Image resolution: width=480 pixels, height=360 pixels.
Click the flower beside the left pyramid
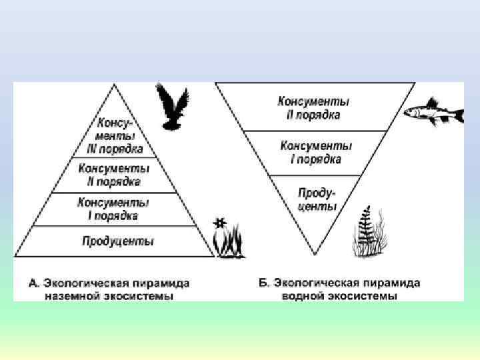[x=221, y=224]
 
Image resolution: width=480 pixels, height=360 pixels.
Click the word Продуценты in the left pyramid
[x=117, y=241]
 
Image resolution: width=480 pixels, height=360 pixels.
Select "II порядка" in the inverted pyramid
[x=313, y=115]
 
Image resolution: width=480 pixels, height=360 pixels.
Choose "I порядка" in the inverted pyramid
[x=316, y=159]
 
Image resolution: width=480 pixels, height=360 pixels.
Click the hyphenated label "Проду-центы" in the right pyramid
[x=317, y=199]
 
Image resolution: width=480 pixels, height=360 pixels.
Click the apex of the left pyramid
[x=115, y=85]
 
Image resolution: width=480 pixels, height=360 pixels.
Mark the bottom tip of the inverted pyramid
[x=314, y=255]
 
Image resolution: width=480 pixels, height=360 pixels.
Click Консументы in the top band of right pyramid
[x=313, y=102]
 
